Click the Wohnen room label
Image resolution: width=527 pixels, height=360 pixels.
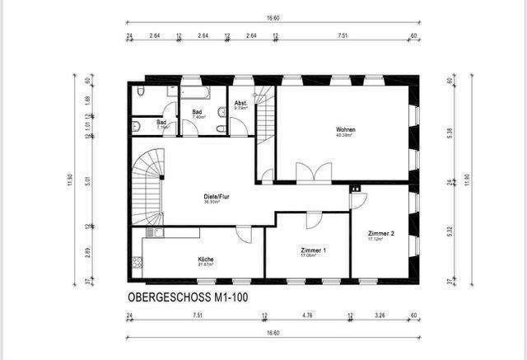pyautogui.click(x=345, y=130)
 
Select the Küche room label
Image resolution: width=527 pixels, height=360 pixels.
pyautogui.click(x=205, y=260)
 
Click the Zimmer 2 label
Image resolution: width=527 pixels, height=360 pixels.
pyautogui.click(x=380, y=235)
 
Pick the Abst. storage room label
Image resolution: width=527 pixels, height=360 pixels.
pyautogui.click(x=241, y=105)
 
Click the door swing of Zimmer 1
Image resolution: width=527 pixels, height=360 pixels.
pyautogui.click(x=313, y=220)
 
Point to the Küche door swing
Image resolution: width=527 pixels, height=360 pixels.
pyautogui.click(x=245, y=236)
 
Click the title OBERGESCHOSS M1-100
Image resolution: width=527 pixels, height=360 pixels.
pyautogui.click(x=187, y=297)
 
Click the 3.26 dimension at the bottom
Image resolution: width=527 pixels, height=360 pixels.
pyautogui.click(x=380, y=315)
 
